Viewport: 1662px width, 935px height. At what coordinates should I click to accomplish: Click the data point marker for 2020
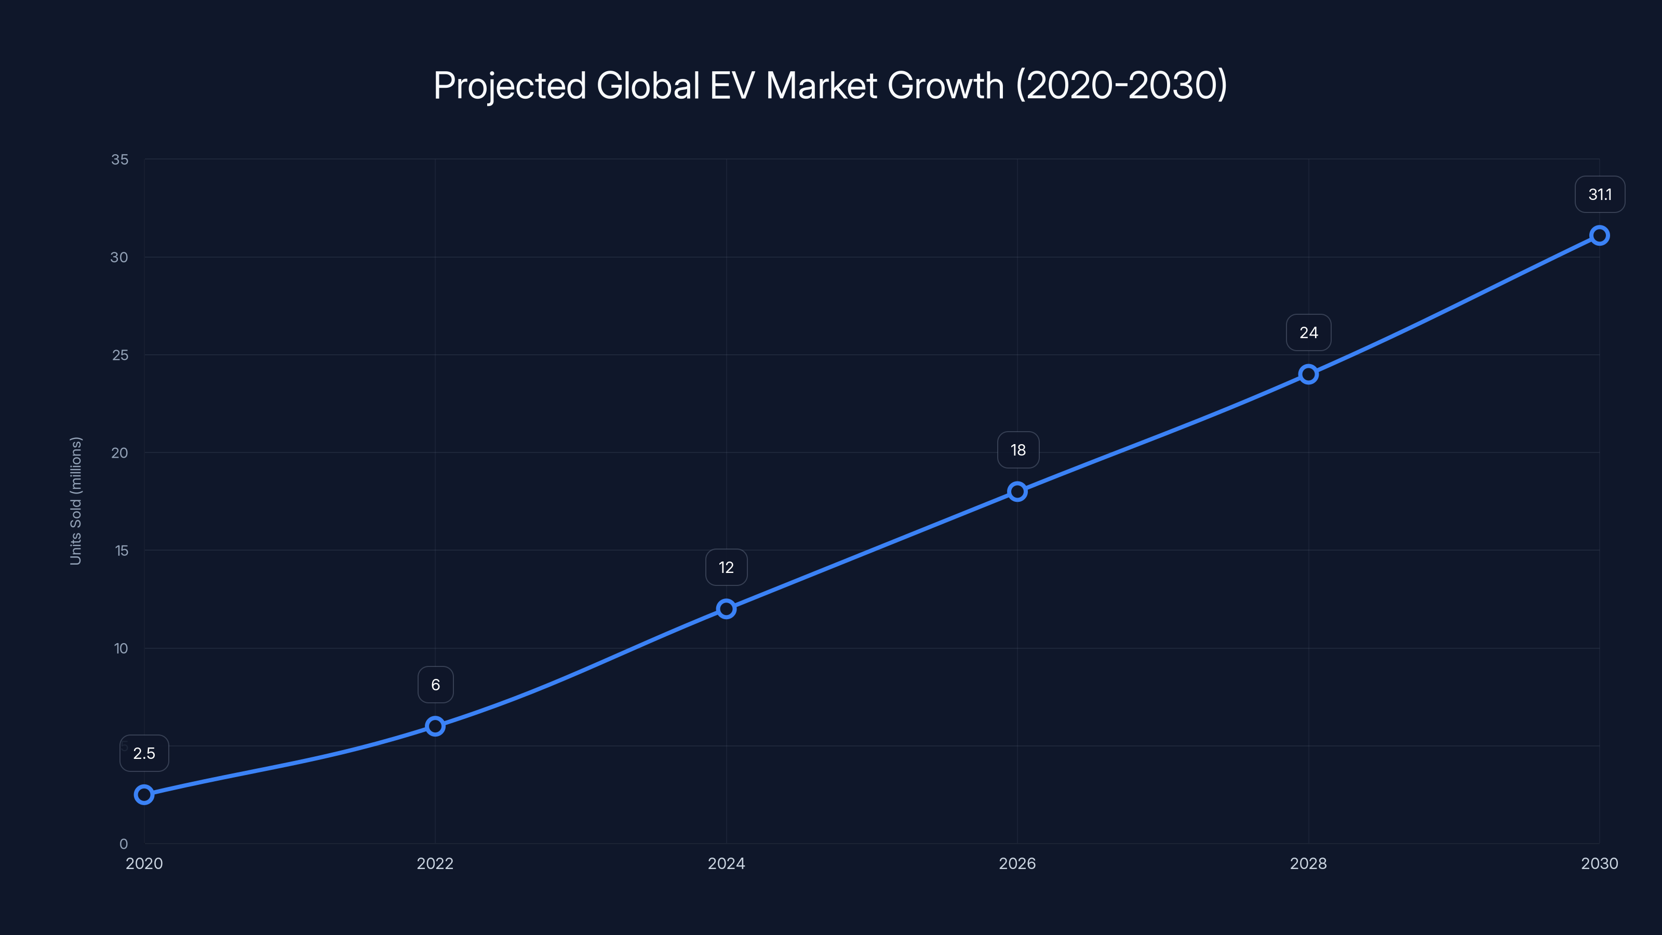144,794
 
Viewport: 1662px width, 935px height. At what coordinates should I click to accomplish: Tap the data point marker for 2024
727,608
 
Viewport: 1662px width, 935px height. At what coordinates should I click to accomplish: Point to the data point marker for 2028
1308,374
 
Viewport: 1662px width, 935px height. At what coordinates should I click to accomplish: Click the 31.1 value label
1600,194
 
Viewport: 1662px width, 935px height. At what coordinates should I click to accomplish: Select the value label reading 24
1308,333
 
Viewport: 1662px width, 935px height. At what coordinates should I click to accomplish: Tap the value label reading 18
1018,450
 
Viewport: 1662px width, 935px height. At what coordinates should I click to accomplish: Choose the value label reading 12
727,567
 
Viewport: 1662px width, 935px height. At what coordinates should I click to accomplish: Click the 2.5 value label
144,753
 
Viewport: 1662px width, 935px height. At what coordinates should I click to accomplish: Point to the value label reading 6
436,685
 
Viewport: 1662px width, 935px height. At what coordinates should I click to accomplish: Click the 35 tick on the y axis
120,159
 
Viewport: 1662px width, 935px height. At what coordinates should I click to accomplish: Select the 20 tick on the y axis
120,453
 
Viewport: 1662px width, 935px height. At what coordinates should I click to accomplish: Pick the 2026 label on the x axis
1017,863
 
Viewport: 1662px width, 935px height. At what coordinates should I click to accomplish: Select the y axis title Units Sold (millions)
75,501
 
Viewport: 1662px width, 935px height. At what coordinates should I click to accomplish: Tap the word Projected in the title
510,86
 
